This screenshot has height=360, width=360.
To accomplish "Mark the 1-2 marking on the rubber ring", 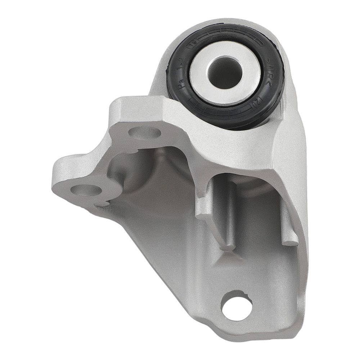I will pos(183,65).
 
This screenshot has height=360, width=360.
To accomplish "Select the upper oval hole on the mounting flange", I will pos(144,133).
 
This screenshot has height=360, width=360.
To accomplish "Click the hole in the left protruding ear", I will pos(85,190).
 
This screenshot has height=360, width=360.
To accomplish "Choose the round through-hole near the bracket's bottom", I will pos(237,307).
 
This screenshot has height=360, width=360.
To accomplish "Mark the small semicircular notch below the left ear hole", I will pos(102,204).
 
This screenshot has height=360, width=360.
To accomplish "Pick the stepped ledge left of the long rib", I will pos(204,212).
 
